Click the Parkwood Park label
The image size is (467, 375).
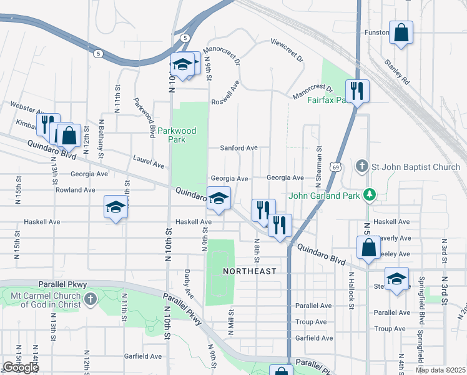click(x=177, y=135)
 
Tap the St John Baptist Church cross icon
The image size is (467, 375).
click(x=361, y=167)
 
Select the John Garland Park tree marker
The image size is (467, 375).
click(x=370, y=195)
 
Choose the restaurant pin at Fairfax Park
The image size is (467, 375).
click(x=357, y=91)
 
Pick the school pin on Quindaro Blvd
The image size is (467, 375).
click(x=219, y=198)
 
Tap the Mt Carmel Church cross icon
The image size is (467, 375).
click(x=91, y=298)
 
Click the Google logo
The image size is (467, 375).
click(x=21, y=367)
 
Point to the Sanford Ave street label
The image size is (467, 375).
click(x=238, y=148)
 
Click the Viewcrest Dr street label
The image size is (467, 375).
click(x=287, y=51)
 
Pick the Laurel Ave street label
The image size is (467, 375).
click(x=149, y=162)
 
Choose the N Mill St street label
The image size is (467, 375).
click(x=230, y=322)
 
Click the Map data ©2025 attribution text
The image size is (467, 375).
click(x=440, y=370)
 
